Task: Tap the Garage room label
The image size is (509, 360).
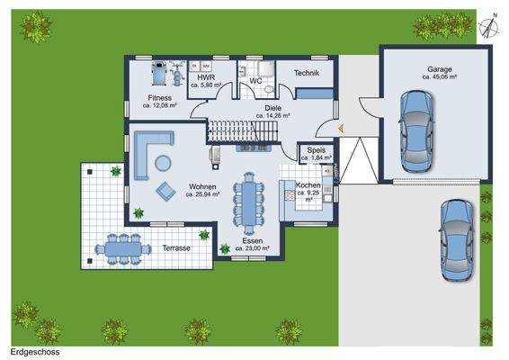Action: (439, 69)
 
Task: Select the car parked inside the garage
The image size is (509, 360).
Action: (415, 132)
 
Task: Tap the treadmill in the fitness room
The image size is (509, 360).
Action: (160, 70)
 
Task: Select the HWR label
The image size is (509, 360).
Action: (206, 78)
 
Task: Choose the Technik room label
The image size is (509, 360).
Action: (307, 73)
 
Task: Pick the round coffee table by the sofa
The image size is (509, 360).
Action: (163, 163)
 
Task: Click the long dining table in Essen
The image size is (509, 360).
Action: (246, 202)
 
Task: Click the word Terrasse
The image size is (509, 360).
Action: (177, 247)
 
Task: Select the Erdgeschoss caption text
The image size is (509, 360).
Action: (35, 352)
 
